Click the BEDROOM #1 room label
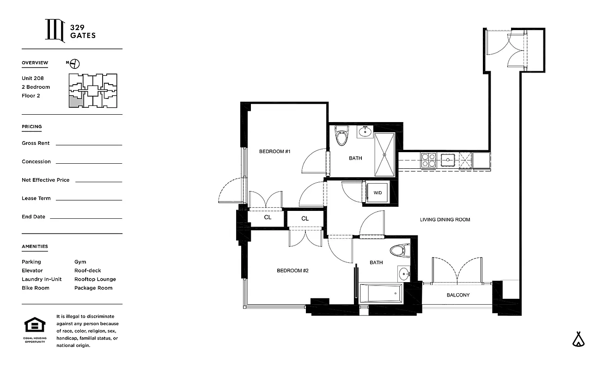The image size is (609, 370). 274,152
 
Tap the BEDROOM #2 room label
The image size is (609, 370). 292,271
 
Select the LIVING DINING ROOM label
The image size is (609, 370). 445,220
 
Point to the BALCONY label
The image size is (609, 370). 458,295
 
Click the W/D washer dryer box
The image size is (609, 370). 378,192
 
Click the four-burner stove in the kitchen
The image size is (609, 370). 428,160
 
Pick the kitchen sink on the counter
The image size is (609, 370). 448,160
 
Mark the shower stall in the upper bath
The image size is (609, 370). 384,154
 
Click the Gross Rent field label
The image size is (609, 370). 36,143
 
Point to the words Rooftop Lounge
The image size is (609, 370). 95,279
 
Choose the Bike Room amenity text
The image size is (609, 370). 36,288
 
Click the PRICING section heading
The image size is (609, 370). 32,127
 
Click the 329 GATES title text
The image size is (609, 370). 83,31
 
